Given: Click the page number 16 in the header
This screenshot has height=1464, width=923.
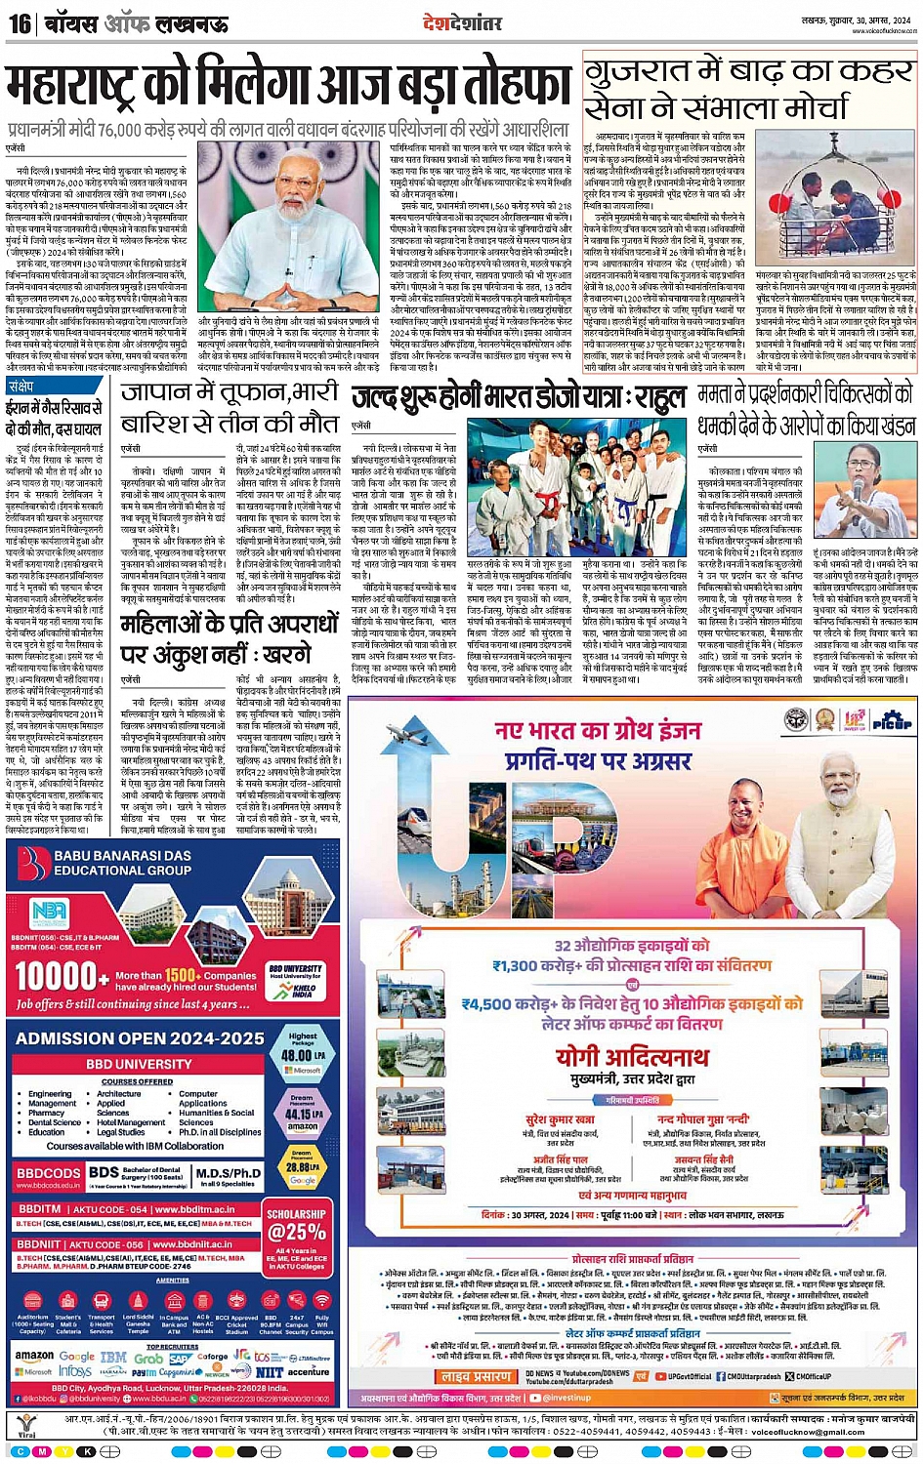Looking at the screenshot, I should point(19,22).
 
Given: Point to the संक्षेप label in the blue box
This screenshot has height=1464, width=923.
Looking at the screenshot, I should point(21,386).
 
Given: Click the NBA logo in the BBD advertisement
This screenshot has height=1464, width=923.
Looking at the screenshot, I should point(50,911).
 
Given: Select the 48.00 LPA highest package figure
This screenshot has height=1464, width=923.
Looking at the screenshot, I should point(302,1055).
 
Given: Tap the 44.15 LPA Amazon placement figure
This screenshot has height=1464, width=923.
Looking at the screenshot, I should point(302,1114).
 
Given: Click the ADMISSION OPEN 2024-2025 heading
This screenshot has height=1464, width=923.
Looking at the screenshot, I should point(140,1038).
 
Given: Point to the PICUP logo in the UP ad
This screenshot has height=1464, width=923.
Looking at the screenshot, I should point(891,721).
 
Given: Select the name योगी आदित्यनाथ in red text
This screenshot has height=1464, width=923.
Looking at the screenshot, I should point(631,1058).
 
